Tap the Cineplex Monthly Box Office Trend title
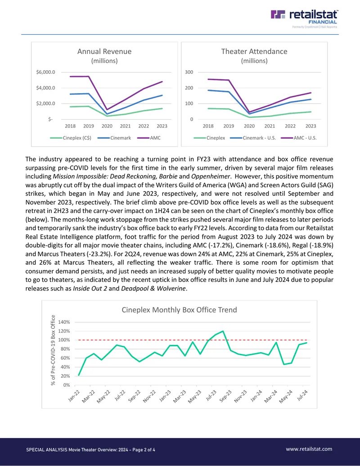click(180, 310)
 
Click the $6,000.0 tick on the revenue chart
click(45, 72)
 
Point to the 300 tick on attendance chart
click(189, 72)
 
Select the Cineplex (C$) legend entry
click(71, 138)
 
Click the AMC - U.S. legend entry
click(299, 138)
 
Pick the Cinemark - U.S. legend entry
click(253, 138)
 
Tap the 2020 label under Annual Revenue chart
click(107, 126)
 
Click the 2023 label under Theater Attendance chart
click(310, 126)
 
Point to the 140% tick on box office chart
click(64, 322)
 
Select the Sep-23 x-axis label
click(225, 396)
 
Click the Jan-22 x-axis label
click(74, 396)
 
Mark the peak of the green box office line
click(223, 331)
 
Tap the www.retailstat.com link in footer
click(309, 449)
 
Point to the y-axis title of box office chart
click(53, 350)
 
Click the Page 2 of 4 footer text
click(144, 450)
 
